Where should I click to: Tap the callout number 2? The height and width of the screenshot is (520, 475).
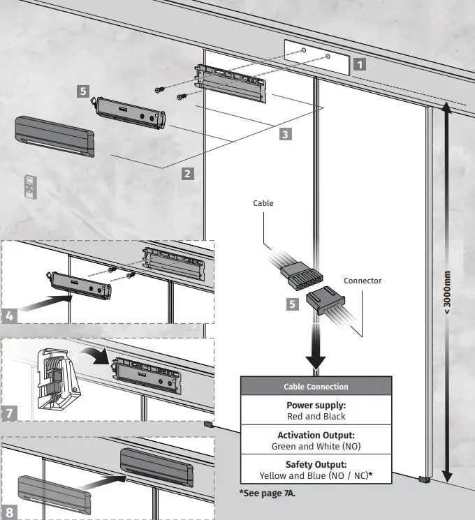(187, 172)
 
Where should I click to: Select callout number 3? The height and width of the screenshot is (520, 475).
(285, 135)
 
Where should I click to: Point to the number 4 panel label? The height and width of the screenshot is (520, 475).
(10, 315)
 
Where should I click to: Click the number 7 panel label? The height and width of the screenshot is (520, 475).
(10, 414)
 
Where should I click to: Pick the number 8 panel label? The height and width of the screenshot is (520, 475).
(10, 512)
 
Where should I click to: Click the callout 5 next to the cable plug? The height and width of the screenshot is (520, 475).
(293, 304)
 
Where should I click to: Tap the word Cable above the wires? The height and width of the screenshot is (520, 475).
(263, 203)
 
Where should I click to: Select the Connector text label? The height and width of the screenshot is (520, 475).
(363, 281)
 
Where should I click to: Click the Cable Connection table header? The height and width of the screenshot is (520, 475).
(316, 386)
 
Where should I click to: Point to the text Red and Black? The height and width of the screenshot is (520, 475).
(316, 417)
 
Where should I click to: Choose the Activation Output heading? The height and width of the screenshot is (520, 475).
(316, 435)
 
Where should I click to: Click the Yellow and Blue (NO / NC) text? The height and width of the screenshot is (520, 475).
(316, 475)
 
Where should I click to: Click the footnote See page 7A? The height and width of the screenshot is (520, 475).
(268, 493)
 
